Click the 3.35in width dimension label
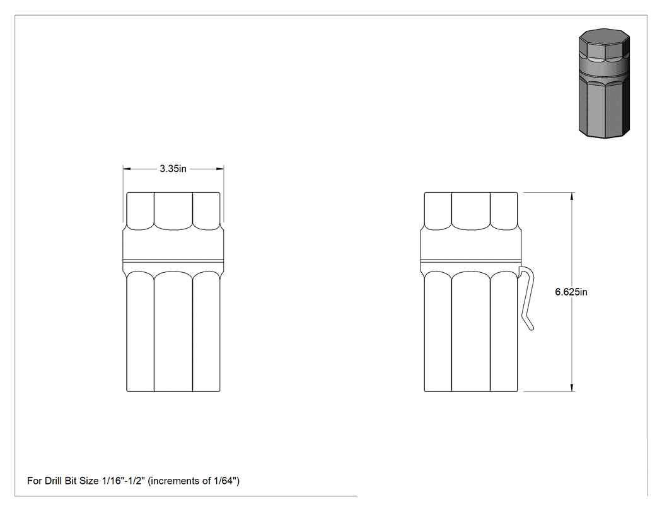click(x=173, y=169)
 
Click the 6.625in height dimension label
click(x=571, y=292)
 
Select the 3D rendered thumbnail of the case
click(x=604, y=84)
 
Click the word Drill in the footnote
click(x=54, y=481)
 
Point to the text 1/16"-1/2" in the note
click(x=124, y=481)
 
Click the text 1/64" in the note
click(x=227, y=481)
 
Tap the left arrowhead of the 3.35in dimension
click(x=127, y=169)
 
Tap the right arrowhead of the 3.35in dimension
click(x=220, y=169)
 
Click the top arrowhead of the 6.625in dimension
click(x=572, y=196)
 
